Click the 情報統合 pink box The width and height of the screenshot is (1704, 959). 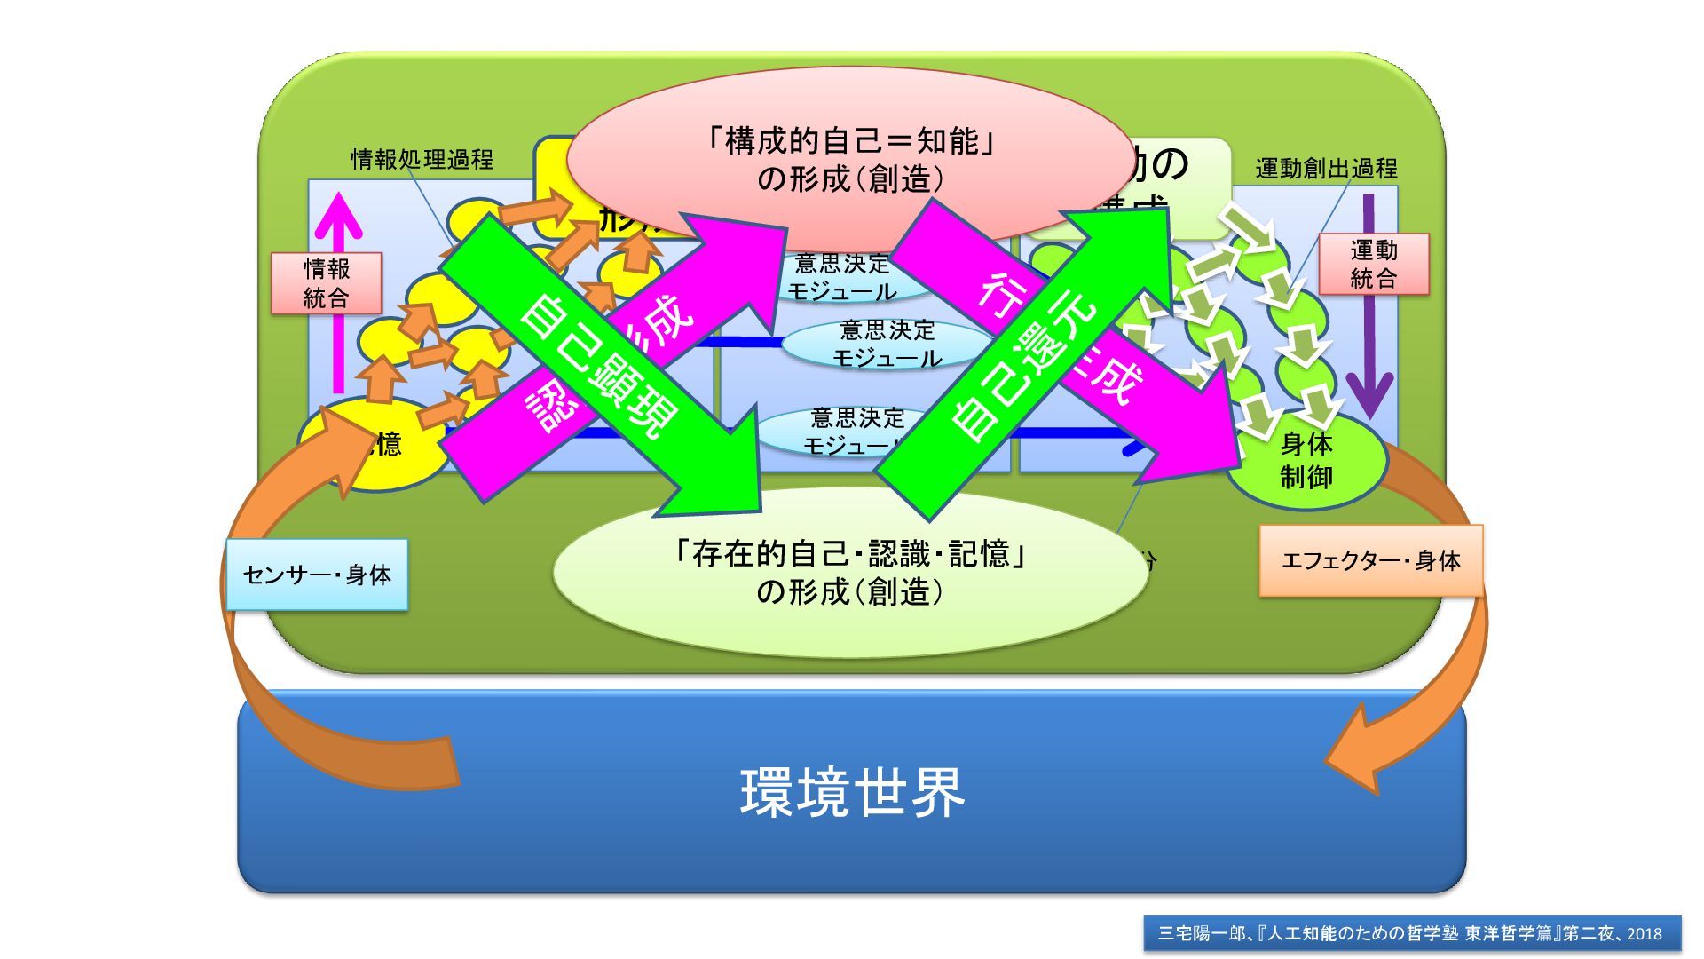(x=327, y=283)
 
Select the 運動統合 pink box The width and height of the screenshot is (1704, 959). (x=1373, y=265)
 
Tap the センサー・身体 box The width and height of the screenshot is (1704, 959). (x=317, y=575)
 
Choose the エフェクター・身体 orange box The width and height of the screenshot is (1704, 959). (x=1370, y=560)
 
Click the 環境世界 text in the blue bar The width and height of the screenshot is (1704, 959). (x=852, y=792)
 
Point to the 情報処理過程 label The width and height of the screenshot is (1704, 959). (x=422, y=160)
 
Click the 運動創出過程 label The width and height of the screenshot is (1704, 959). (x=1326, y=169)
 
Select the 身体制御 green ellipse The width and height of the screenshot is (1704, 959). (x=1306, y=462)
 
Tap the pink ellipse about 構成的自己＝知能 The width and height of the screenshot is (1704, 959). (x=850, y=160)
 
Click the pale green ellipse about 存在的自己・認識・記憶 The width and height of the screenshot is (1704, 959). (x=849, y=574)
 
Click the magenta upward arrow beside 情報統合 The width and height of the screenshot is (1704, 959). (x=337, y=293)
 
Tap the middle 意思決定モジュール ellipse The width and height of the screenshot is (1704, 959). (x=885, y=345)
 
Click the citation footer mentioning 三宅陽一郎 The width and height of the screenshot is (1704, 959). (x=1411, y=933)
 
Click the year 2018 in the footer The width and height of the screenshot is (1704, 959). (x=1644, y=933)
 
